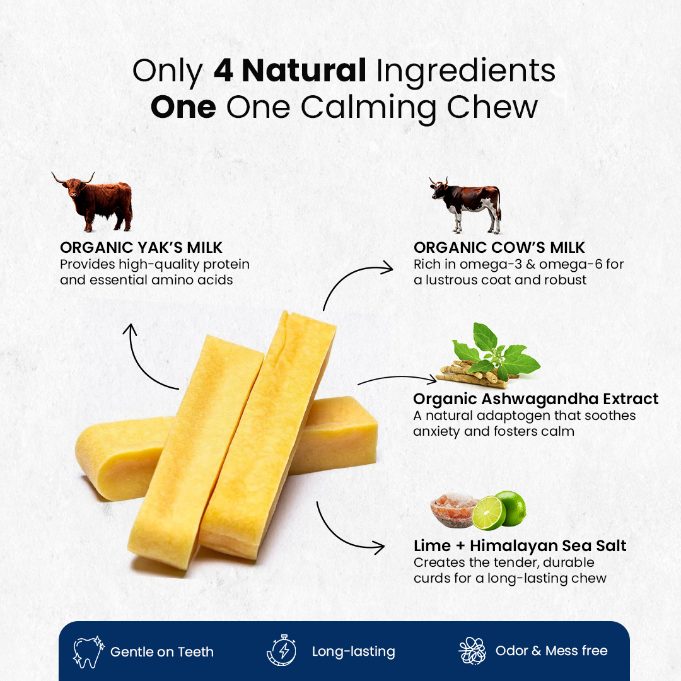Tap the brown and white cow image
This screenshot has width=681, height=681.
pos(467,203)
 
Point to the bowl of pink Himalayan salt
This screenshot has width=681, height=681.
pos(453,510)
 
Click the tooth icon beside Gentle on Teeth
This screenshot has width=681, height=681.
pos(86,651)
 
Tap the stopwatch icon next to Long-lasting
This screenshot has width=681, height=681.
pos(281,651)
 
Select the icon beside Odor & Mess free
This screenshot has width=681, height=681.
pos(472,651)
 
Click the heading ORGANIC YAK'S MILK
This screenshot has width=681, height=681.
pos(141,247)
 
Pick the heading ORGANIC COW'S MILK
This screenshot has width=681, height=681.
pos(499,247)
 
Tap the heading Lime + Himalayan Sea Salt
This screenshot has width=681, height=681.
pos(520,545)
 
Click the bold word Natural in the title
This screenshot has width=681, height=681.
pos(303,71)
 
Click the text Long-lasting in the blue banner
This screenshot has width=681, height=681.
pos(353,651)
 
